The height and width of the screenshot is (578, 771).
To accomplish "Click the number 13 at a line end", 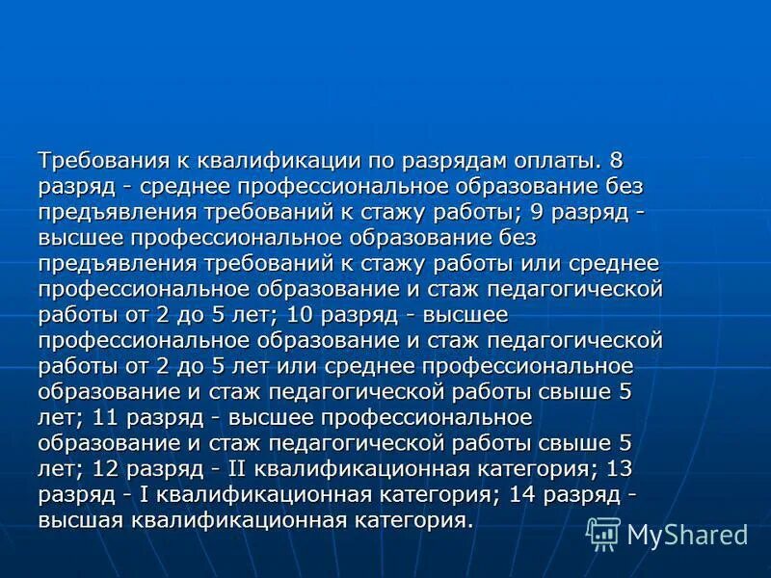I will [622, 471].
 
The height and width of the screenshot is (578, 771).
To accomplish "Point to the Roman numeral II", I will [239, 471].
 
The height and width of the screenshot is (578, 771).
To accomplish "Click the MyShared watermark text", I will [688, 535].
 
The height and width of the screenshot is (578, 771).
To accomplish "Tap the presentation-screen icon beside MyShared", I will [604, 533].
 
